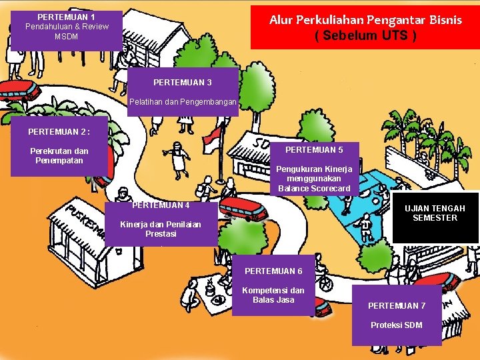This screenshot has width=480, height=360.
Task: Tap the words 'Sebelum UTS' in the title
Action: (365, 35)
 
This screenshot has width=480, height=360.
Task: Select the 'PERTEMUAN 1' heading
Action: (66, 17)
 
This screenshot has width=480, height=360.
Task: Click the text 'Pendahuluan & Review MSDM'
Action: (66, 31)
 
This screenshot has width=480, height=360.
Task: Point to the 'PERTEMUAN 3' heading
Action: (182, 83)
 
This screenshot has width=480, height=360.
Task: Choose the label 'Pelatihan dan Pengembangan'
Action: (182, 103)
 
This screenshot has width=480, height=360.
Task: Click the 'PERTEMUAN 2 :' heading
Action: (59, 132)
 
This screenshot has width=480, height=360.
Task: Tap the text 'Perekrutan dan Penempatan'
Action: (59, 155)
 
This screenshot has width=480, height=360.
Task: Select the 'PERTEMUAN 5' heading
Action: (314, 150)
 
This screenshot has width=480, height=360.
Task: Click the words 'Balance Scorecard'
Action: (314, 189)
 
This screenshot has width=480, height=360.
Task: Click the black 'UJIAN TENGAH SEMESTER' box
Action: (435, 214)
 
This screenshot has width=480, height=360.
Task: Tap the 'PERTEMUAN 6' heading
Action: (273, 271)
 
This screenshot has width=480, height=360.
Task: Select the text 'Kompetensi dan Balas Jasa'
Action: (273, 295)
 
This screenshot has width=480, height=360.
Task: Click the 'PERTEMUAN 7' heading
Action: (397, 306)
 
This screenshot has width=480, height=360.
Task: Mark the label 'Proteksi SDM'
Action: (397, 325)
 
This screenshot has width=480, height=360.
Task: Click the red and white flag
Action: (213, 139)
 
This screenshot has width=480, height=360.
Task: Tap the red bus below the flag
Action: (243, 207)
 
